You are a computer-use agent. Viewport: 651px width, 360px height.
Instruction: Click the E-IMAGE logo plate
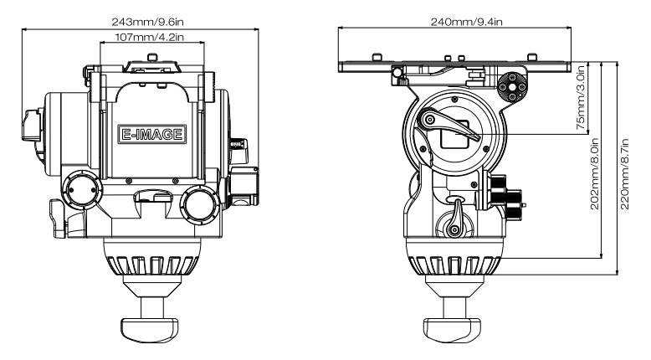click(151, 133)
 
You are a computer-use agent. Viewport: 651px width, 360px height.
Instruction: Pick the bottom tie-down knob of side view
click(454, 324)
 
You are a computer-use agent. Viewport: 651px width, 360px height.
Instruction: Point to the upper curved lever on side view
click(450, 126)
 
